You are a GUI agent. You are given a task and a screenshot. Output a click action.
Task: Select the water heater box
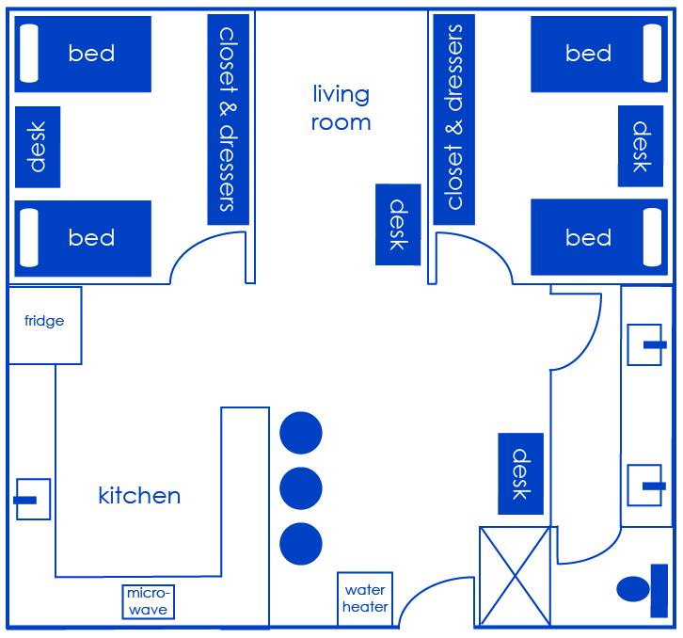[365, 598]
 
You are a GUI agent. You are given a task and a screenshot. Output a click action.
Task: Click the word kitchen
[139, 495]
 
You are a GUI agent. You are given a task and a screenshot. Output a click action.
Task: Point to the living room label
[341, 107]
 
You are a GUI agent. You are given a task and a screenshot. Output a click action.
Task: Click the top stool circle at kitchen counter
[301, 433]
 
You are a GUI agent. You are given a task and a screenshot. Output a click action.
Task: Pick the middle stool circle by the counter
[301, 488]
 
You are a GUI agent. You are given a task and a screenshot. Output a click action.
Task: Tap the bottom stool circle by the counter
[301, 544]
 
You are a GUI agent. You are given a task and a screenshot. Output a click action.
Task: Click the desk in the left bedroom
[38, 147]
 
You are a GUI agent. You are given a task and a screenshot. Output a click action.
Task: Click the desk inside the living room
[397, 224]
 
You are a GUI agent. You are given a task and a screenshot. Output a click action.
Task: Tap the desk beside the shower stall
[520, 474]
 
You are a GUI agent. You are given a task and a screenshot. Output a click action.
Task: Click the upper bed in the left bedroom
[83, 54]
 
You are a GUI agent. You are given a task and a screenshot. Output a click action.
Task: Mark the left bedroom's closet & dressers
[228, 119]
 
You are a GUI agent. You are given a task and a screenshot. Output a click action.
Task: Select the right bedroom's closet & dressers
[453, 119]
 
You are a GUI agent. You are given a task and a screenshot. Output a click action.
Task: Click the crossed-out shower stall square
[515, 576]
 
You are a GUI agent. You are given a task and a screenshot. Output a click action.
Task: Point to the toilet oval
[634, 589]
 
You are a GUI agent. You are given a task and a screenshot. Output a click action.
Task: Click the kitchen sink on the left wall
[32, 499]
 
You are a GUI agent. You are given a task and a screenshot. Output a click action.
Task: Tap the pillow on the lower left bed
[29, 237]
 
